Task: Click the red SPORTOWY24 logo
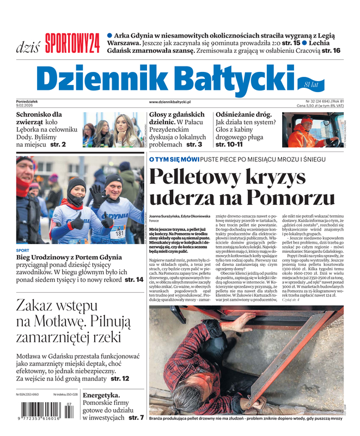point(72,43)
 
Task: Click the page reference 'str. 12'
point(120,378)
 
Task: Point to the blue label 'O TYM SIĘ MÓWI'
point(174,159)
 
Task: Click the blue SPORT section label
point(23,251)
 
